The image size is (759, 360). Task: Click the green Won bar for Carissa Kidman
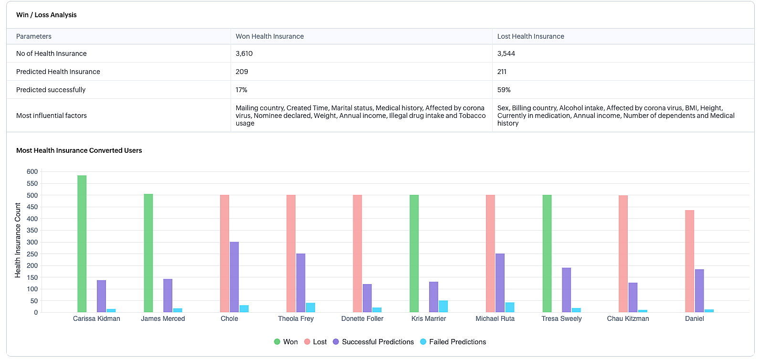(82, 244)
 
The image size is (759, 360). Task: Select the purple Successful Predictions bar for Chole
(234, 277)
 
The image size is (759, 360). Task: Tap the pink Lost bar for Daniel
(690, 261)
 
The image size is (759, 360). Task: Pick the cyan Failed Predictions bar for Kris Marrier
(443, 307)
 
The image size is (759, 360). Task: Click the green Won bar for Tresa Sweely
(547, 254)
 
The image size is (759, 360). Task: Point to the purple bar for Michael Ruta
(500, 283)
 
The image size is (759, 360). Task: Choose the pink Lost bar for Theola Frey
(291, 254)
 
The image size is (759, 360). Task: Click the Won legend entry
(286, 342)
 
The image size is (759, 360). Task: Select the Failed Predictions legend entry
(453, 342)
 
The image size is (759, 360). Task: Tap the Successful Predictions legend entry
(373, 342)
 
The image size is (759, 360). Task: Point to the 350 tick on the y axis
(32, 231)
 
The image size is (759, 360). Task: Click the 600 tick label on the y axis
(32, 172)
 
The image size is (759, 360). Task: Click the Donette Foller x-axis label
(362, 319)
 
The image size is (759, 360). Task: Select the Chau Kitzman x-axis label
(628, 319)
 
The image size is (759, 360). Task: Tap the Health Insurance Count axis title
(18, 240)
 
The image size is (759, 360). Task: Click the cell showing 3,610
(244, 53)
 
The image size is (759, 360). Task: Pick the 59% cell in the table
(504, 90)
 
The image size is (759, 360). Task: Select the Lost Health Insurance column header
(531, 36)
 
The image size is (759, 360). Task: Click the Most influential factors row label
(52, 116)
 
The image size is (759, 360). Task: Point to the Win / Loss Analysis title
(46, 15)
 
